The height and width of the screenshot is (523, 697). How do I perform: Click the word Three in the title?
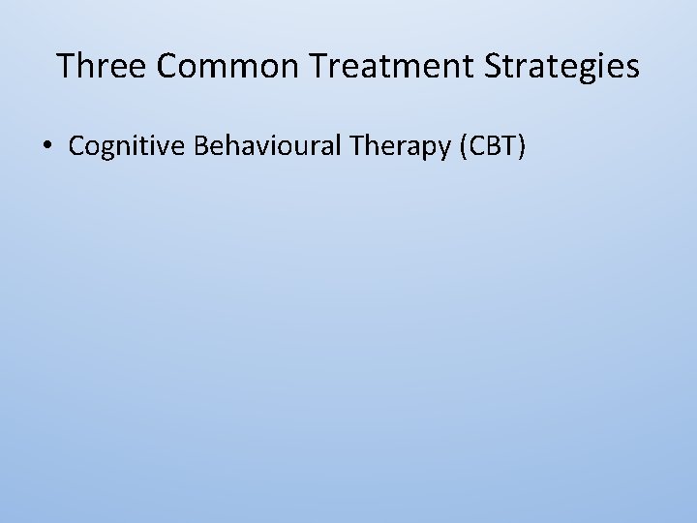[101, 66]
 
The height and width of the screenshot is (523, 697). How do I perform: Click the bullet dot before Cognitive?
[47, 147]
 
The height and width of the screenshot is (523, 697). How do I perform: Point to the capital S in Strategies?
[505, 66]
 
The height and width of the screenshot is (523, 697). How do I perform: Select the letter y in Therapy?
[445, 150]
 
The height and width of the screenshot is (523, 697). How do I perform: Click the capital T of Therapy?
[358, 146]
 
